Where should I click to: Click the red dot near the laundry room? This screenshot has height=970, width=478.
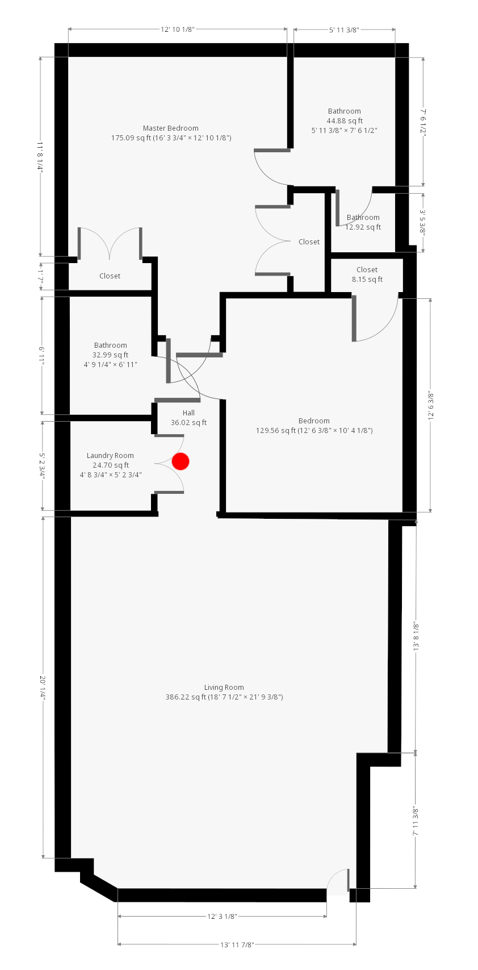click(x=181, y=461)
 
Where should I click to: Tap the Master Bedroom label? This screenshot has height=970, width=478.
click(x=171, y=128)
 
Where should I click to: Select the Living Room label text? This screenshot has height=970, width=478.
click(x=224, y=687)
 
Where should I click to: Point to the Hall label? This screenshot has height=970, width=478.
click(x=188, y=413)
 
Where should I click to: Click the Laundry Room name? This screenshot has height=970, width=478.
click(x=110, y=455)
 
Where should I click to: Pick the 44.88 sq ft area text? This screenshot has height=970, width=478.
click(x=345, y=121)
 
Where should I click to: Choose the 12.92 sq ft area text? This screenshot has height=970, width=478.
click(x=363, y=227)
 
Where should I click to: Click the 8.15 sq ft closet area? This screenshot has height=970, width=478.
click(x=367, y=280)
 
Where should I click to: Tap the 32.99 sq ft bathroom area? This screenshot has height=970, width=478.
click(x=110, y=355)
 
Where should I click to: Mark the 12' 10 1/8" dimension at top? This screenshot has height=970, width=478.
click(x=178, y=30)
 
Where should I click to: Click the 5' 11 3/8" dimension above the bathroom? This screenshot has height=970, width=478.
click(x=345, y=30)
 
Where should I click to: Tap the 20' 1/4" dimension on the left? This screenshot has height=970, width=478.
click(x=43, y=688)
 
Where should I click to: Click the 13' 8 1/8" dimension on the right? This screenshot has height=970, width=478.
click(x=416, y=636)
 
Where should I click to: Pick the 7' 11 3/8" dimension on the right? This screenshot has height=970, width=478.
click(x=416, y=821)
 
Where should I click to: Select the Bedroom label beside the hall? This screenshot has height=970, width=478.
click(x=314, y=421)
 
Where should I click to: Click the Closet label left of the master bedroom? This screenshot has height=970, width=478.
click(x=110, y=276)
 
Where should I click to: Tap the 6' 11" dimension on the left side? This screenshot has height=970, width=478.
click(x=42, y=355)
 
